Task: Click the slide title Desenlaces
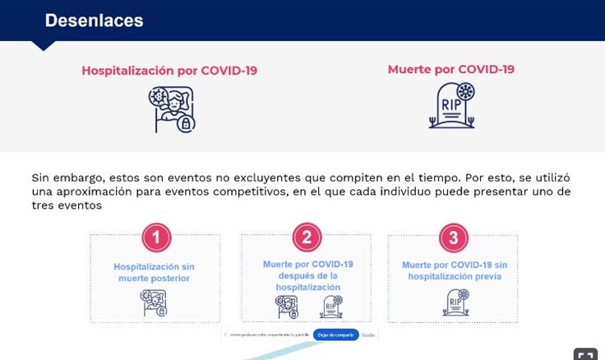[x=94, y=21]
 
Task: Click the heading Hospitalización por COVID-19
[x=169, y=71]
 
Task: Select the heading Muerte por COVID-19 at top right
[x=450, y=69]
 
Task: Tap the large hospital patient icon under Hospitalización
[x=172, y=109]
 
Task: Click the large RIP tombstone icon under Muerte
[x=452, y=106]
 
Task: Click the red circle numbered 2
[x=306, y=238]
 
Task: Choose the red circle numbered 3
[x=453, y=238]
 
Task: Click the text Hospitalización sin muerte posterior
[x=155, y=272]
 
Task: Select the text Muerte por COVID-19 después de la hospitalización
[x=307, y=275]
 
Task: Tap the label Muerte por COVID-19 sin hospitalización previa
[x=453, y=270]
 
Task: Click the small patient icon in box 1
[x=154, y=303]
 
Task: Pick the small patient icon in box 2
[x=287, y=307]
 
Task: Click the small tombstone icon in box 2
[x=330, y=307]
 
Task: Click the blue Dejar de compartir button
[x=335, y=335]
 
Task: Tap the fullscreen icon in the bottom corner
[x=585, y=354]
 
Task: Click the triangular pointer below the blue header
[x=43, y=46]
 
